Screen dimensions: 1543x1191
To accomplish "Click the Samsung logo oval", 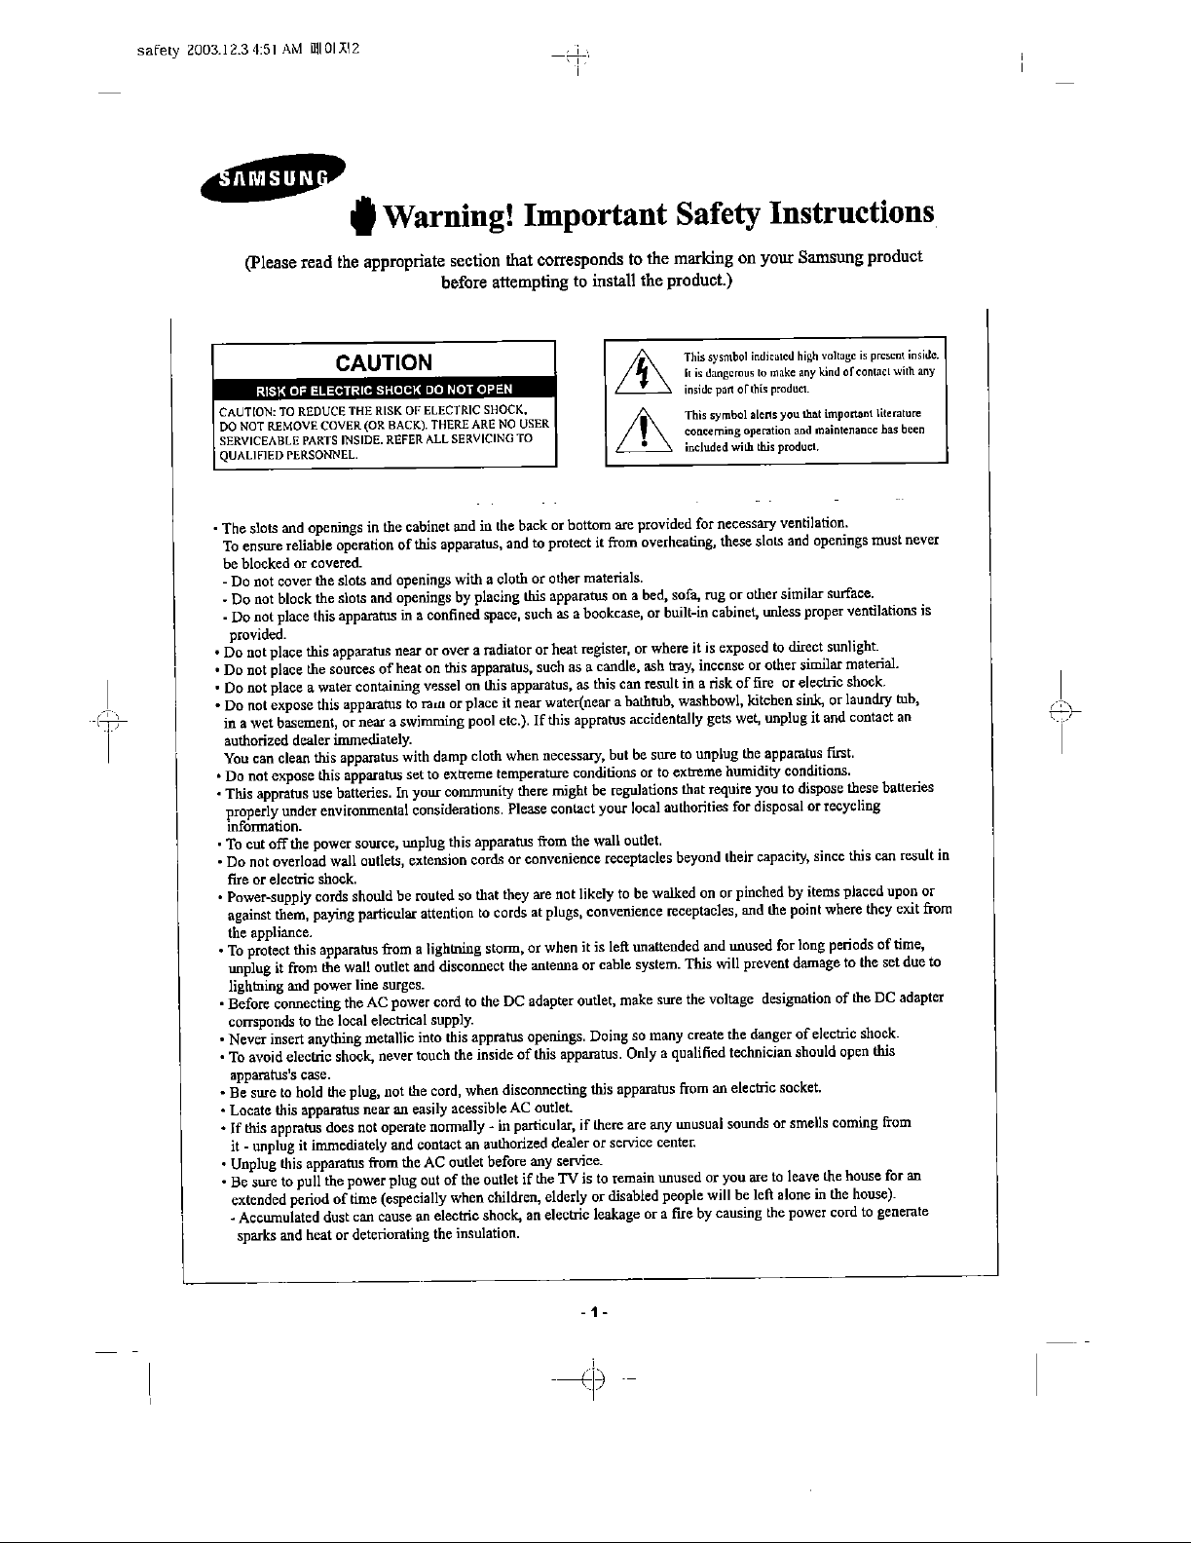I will (269, 177).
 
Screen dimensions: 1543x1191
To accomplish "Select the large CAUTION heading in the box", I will (384, 363).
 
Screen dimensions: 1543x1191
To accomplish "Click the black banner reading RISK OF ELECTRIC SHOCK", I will (384, 393).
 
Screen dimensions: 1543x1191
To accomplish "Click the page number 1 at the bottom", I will (593, 1311).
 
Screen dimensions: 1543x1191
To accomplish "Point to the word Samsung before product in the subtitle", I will (834, 259).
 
